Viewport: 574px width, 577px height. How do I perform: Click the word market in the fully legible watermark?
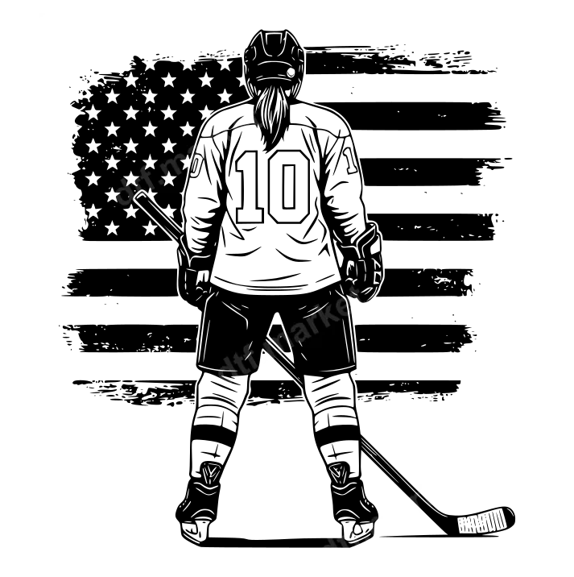click(x=310, y=327)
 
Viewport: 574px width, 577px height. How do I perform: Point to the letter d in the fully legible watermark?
click(x=228, y=372)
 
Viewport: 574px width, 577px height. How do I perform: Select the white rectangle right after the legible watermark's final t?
click(x=364, y=306)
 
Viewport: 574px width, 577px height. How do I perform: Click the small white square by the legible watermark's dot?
click(x=265, y=362)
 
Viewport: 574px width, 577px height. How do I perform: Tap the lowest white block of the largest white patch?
click(x=330, y=558)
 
